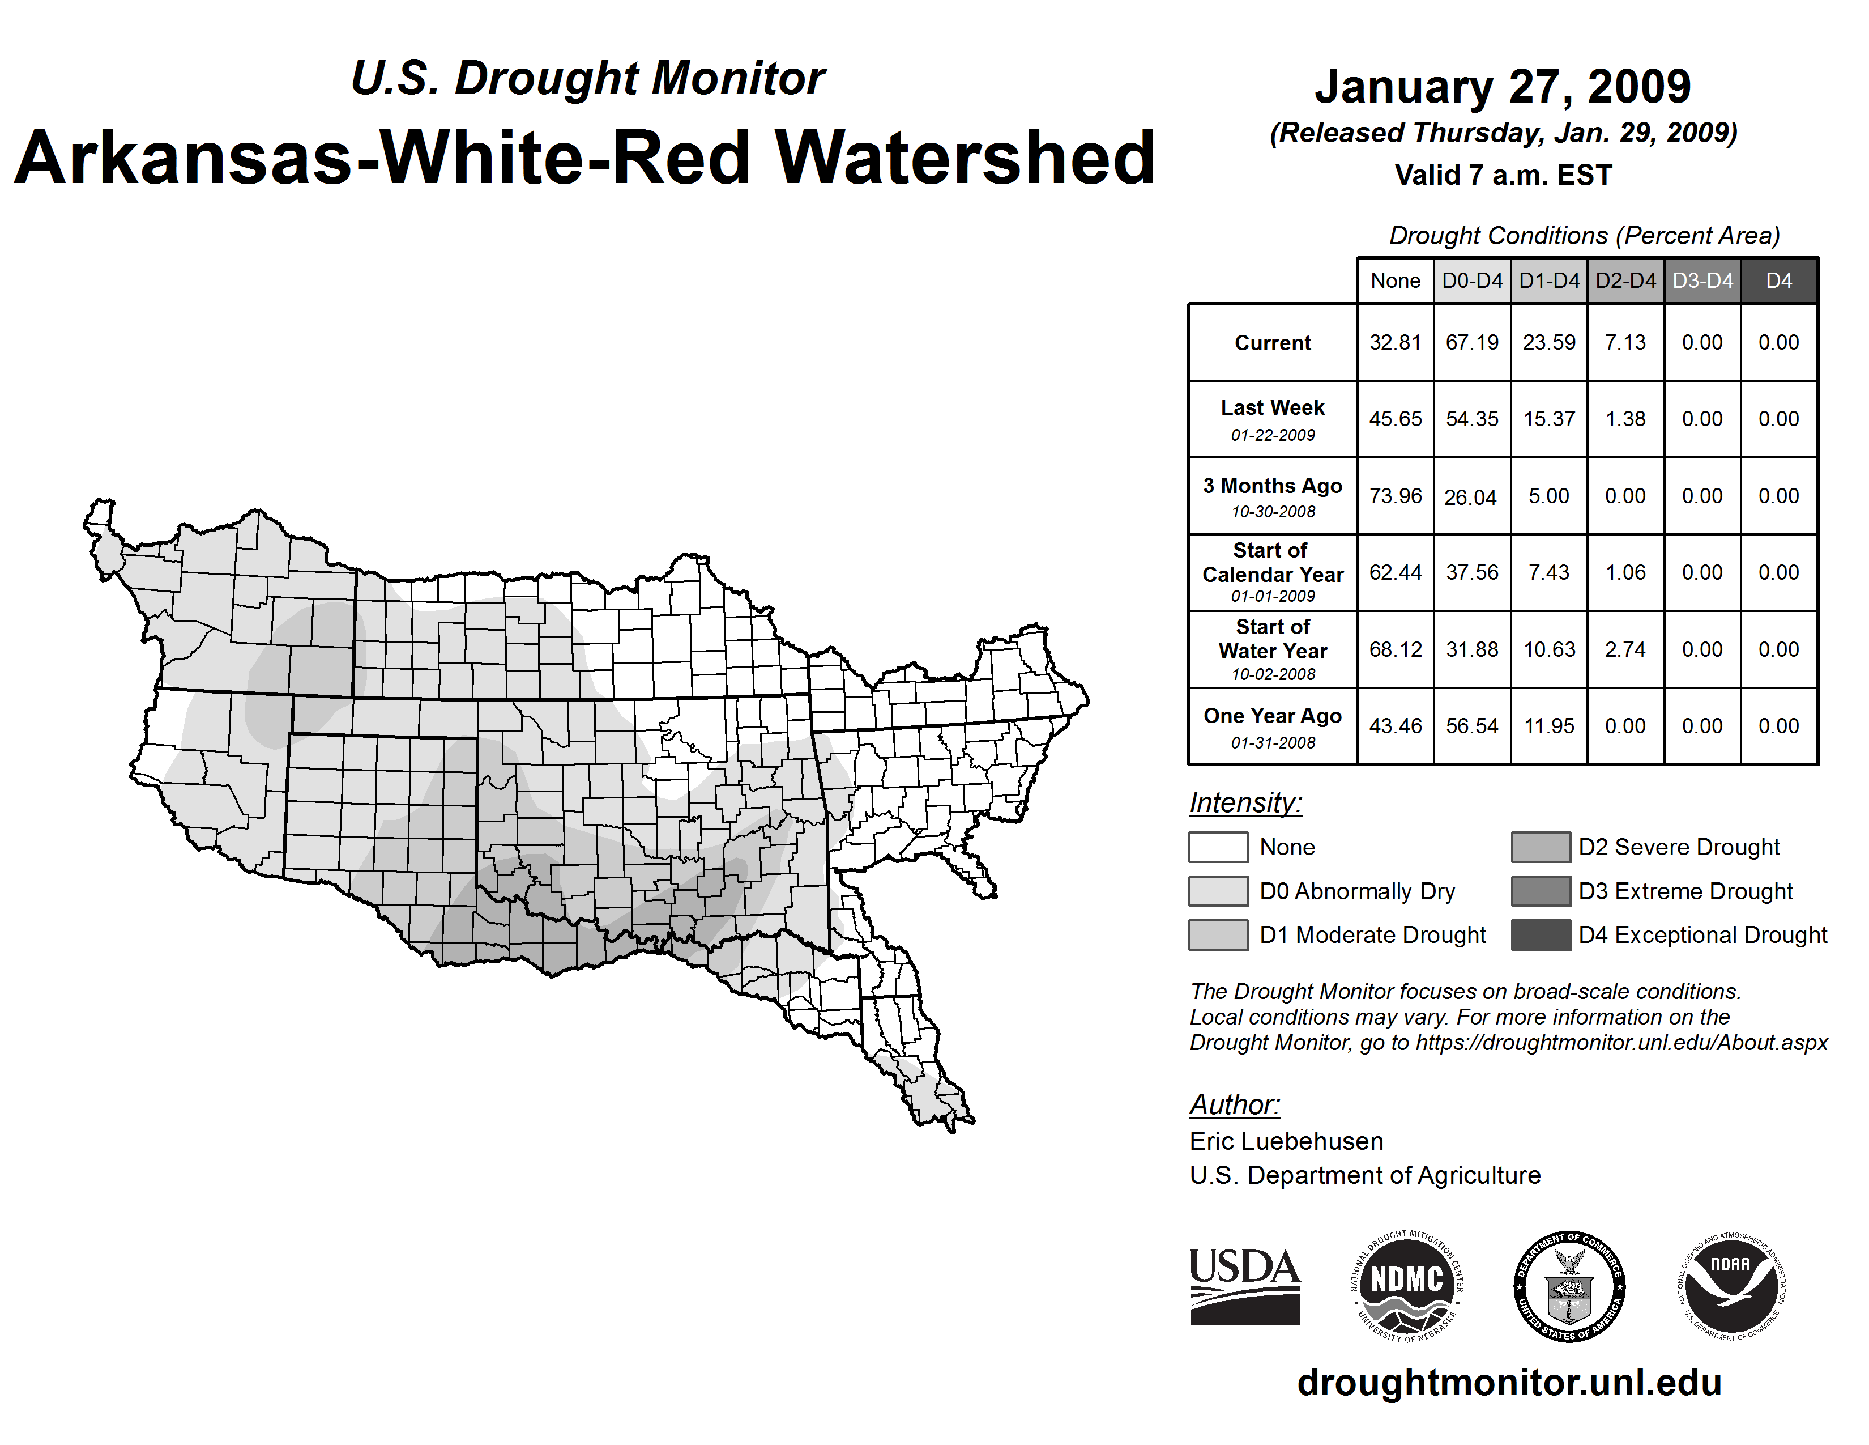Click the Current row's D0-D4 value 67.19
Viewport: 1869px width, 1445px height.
point(1472,342)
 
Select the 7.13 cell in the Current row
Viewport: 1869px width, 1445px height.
point(1625,342)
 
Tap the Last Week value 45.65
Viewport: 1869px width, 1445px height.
point(1395,419)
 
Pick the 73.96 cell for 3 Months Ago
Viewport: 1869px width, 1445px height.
point(1395,496)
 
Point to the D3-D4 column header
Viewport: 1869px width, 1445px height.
point(1702,280)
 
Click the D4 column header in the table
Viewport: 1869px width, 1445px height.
point(1778,280)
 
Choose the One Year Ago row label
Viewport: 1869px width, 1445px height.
point(1273,726)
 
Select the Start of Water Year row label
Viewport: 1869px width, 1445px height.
point(1273,649)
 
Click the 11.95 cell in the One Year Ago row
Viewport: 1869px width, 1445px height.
point(1549,726)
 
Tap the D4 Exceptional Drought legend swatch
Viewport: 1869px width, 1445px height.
point(1541,935)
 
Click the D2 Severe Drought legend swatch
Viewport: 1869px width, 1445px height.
point(1541,847)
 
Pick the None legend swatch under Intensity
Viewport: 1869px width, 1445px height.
point(1218,847)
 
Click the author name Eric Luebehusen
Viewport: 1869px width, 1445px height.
point(1286,1141)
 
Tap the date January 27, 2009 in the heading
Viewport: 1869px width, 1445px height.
point(1503,87)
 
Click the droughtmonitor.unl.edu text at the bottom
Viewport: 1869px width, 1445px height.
point(1509,1383)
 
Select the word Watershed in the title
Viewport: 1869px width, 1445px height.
point(965,158)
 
